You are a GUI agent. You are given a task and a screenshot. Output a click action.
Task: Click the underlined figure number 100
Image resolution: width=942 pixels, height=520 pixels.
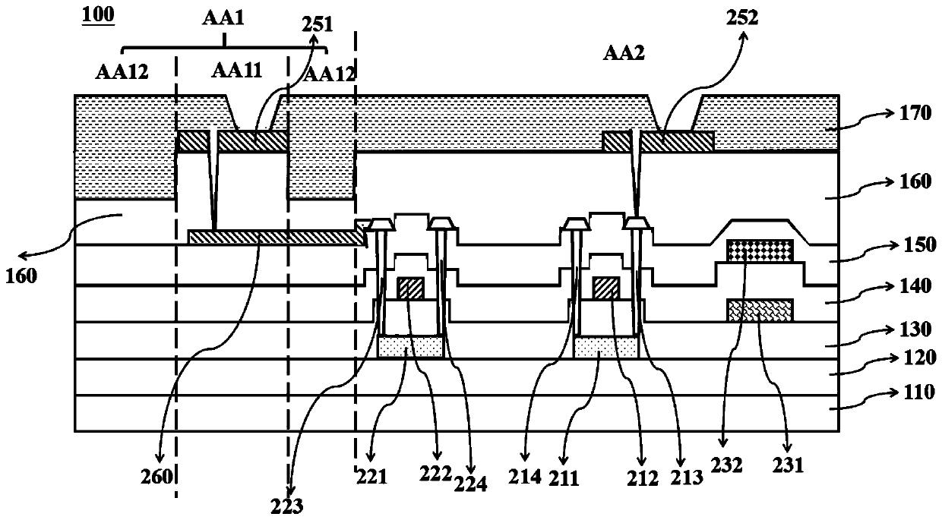pyautogui.click(x=99, y=15)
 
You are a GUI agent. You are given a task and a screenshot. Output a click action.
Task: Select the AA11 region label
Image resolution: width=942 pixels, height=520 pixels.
pyautogui.click(x=237, y=71)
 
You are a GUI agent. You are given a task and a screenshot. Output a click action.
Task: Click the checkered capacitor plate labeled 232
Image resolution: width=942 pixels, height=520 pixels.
pyautogui.click(x=760, y=249)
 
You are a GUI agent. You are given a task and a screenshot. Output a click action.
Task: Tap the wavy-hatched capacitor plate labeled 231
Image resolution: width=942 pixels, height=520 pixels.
pyautogui.click(x=760, y=310)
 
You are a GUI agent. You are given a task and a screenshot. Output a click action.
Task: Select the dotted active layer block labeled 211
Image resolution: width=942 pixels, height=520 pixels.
pyautogui.click(x=605, y=348)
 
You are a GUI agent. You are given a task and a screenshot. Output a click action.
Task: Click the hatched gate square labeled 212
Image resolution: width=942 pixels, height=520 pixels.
pyautogui.click(x=606, y=288)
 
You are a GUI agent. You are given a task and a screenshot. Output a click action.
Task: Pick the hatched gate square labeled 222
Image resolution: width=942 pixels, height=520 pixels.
pyautogui.click(x=411, y=288)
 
